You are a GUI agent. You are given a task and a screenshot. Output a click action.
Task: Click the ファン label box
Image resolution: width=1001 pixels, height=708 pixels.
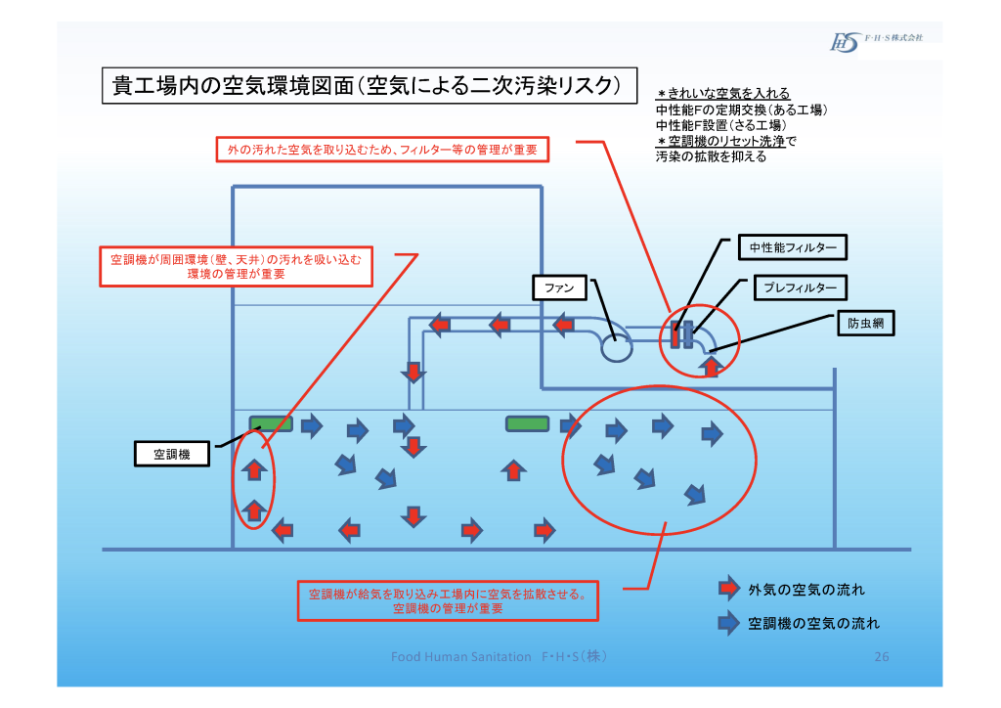point(559,288)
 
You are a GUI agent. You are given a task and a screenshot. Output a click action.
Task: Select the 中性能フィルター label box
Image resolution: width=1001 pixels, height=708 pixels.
point(793,248)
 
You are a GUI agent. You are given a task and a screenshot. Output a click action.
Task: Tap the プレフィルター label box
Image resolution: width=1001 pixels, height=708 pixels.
point(800,288)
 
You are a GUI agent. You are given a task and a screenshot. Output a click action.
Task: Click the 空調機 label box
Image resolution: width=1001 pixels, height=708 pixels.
point(171,454)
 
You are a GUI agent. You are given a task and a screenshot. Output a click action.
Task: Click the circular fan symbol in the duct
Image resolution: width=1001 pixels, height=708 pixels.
point(617,348)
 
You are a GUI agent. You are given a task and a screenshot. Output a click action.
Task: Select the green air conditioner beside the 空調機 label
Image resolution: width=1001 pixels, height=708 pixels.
point(271,423)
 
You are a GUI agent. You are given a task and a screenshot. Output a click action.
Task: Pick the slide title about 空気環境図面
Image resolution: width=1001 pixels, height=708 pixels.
point(367,85)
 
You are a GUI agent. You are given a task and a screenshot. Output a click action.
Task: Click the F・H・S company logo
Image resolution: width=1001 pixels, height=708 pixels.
point(876,40)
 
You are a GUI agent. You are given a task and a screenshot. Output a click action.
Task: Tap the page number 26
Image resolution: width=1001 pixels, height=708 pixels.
point(881,657)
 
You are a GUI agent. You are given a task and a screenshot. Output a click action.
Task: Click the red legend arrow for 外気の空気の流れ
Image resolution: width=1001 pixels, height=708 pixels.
point(728,589)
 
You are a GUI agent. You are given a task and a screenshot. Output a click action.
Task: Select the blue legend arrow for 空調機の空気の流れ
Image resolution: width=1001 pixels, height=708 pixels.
point(728,622)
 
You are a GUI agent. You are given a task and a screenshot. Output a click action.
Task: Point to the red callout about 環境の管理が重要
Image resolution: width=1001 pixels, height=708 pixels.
point(237,266)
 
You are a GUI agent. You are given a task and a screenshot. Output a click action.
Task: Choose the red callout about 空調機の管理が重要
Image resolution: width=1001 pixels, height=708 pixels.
point(448,600)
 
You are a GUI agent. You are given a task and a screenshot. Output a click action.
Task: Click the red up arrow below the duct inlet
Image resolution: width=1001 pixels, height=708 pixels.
point(713,366)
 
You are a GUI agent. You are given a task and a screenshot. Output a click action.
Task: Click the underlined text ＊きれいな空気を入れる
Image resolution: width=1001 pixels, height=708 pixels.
point(723,94)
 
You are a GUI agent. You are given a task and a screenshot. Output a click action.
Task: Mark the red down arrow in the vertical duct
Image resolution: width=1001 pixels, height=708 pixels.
point(414,373)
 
